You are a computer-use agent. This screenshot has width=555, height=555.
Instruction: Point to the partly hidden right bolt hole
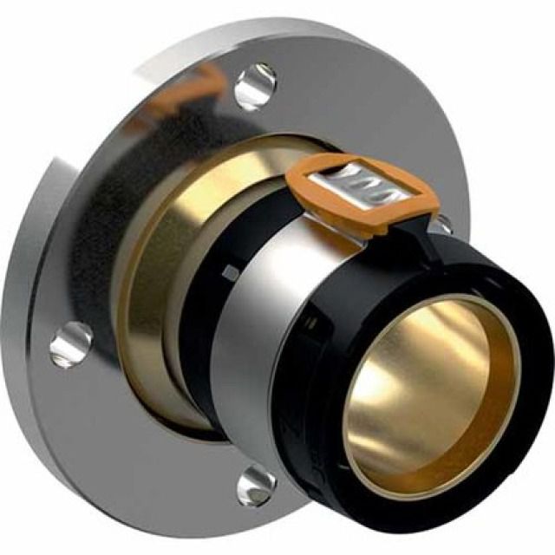pos(441,224)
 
